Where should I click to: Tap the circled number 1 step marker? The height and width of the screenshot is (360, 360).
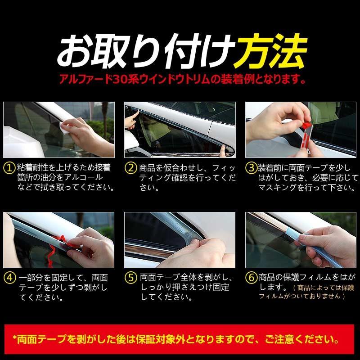pyautogui.click(x=9, y=168)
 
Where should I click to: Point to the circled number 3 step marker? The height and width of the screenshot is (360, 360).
pyautogui.click(x=251, y=168)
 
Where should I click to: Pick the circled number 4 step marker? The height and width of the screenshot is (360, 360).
pyautogui.click(x=9, y=277)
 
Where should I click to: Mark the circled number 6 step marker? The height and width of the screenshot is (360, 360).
pyautogui.click(x=251, y=277)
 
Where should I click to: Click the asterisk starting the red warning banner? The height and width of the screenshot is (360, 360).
pyautogui.click(x=14, y=337)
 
